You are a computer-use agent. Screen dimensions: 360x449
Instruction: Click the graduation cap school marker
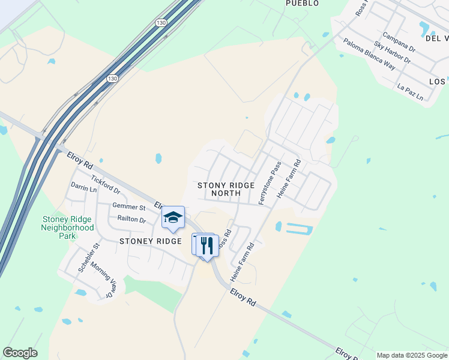(x=173, y=218)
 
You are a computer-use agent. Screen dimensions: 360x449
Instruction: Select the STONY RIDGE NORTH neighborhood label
(x=226, y=190)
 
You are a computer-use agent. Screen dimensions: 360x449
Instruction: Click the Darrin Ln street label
(x=83, y=188)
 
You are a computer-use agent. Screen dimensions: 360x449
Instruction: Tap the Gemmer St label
(x=129, y=207)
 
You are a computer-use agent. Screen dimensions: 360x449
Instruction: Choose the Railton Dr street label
(x=131, y=220)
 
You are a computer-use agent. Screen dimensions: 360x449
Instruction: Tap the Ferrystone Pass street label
(x=270, y=183)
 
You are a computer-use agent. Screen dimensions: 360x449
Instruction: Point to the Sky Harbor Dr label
(x=391, y=53)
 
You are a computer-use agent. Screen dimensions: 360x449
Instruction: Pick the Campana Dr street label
(x=399, y=42)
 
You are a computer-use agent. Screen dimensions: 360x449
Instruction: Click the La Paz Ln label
(x=410, y=92)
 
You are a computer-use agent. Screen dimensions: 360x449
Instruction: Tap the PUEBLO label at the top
(x=302, y=4)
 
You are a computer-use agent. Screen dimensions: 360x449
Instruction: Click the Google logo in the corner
(x=20, y=353)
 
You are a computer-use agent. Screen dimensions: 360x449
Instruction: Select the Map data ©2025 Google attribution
(x=411, y=355)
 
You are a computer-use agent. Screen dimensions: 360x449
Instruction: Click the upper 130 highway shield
(x=161, y=22)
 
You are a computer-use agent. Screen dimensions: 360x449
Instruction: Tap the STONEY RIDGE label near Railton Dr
(x=150, y=241)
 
